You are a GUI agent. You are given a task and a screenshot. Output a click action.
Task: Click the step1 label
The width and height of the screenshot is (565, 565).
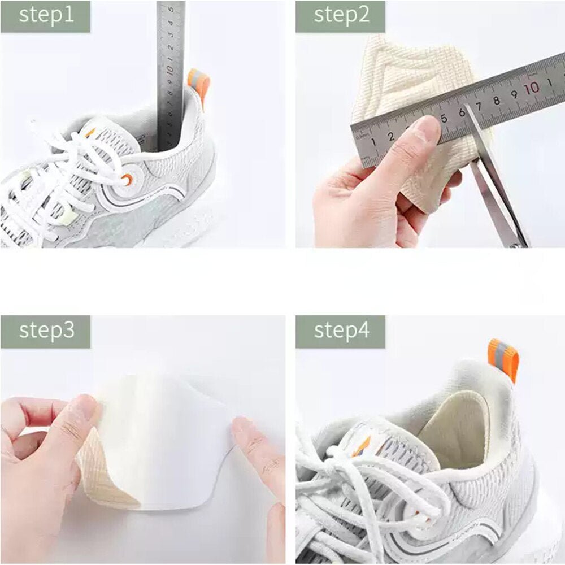(x=46, y=15)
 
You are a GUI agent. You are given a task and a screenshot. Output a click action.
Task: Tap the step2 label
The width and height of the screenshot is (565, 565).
(x=342, y=15)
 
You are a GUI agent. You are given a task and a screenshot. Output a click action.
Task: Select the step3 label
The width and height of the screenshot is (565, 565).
(x=46, y=331)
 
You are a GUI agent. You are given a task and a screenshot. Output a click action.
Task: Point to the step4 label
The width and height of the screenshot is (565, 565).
(x=342, y=330)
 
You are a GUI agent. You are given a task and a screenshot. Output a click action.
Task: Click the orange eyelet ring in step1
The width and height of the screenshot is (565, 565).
(x=127, y=180)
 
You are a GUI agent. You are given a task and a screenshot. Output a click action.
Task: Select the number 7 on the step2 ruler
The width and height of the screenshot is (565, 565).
(x=479, y=107)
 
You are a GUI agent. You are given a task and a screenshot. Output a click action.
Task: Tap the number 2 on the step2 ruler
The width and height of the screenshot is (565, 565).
(x=391, y=137)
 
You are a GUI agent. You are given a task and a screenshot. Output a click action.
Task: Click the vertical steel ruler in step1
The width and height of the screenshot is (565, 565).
(x=170, y=72)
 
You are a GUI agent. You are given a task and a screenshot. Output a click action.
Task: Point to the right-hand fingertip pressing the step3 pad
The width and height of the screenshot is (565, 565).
(x=249, y=432)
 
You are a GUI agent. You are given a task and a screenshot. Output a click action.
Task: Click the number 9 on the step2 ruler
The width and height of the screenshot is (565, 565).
(x=514, y=94)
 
